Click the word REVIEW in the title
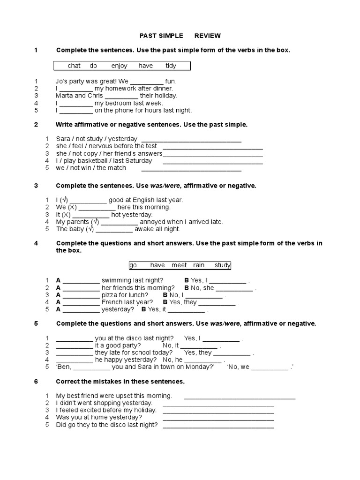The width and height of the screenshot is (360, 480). pos(208,36)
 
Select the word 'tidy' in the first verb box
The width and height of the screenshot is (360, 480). pos(171,66)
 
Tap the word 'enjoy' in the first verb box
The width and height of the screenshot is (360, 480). pos(119,66)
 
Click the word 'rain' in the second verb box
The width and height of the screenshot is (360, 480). pos(199,265)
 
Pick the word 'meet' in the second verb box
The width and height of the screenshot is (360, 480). pos(179,265)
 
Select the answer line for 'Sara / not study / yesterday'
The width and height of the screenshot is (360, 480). pos(191,139)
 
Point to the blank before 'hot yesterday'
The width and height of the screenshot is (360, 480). pos(91,215)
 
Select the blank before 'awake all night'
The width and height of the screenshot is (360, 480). pos(114,230)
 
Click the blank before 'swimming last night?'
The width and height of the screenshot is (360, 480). pos(81,281)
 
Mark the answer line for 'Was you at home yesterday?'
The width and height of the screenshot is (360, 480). pos(218,418)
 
